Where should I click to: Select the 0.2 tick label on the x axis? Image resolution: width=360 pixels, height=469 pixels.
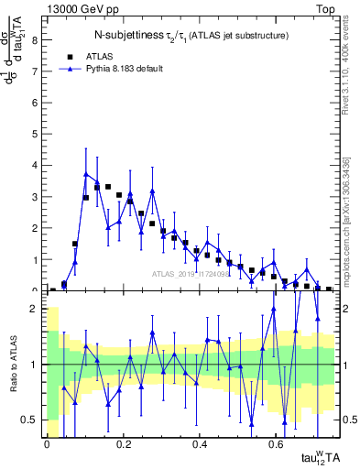click(123, 442)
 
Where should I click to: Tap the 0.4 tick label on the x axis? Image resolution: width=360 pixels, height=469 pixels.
click(200, 442)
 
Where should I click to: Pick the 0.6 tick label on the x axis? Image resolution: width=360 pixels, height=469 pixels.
click(276, 442)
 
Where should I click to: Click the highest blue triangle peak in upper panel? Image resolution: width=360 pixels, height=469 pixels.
click(86, 173)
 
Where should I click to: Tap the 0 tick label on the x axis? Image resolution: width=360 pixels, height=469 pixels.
click(47, 442)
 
